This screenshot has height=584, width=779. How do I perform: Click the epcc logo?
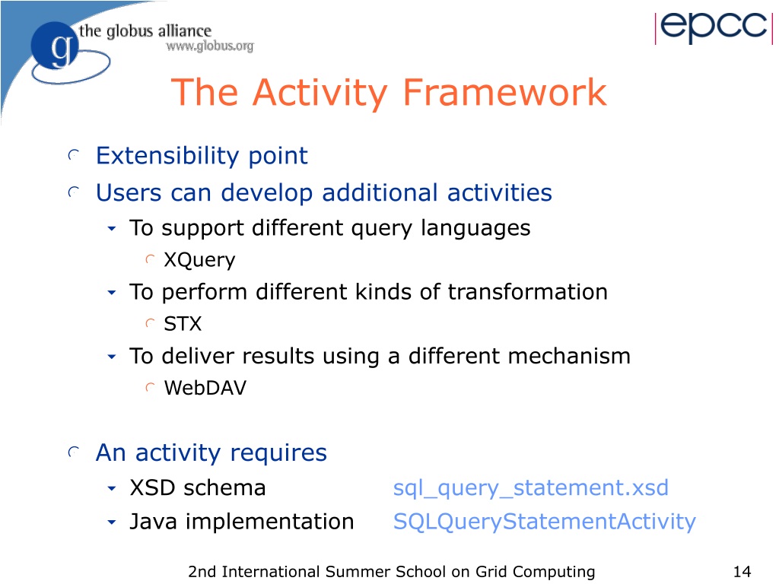click(x=714, y=27)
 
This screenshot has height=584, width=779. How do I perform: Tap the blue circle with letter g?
click(x=55, y=46)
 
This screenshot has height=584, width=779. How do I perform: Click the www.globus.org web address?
click(x=210, y=46)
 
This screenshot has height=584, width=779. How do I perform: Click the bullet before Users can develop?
click(x=74, y=192)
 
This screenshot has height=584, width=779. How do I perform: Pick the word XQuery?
click(x=199, y=260)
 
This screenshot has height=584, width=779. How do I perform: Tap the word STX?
click(x=183, y=324)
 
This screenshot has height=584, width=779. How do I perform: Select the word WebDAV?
click(x=205, y=388)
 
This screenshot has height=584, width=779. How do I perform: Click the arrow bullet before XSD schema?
click(x=112, y=489)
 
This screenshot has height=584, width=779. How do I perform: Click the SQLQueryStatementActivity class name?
click(x=545, y=522)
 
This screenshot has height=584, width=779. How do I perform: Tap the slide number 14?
click(x=742, y=572)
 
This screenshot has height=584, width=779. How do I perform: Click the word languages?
click(x=475, y=229)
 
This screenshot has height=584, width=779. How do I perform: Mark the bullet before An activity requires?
click(x=74, y=452)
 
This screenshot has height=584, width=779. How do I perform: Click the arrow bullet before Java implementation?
click(x=112, y=522)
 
